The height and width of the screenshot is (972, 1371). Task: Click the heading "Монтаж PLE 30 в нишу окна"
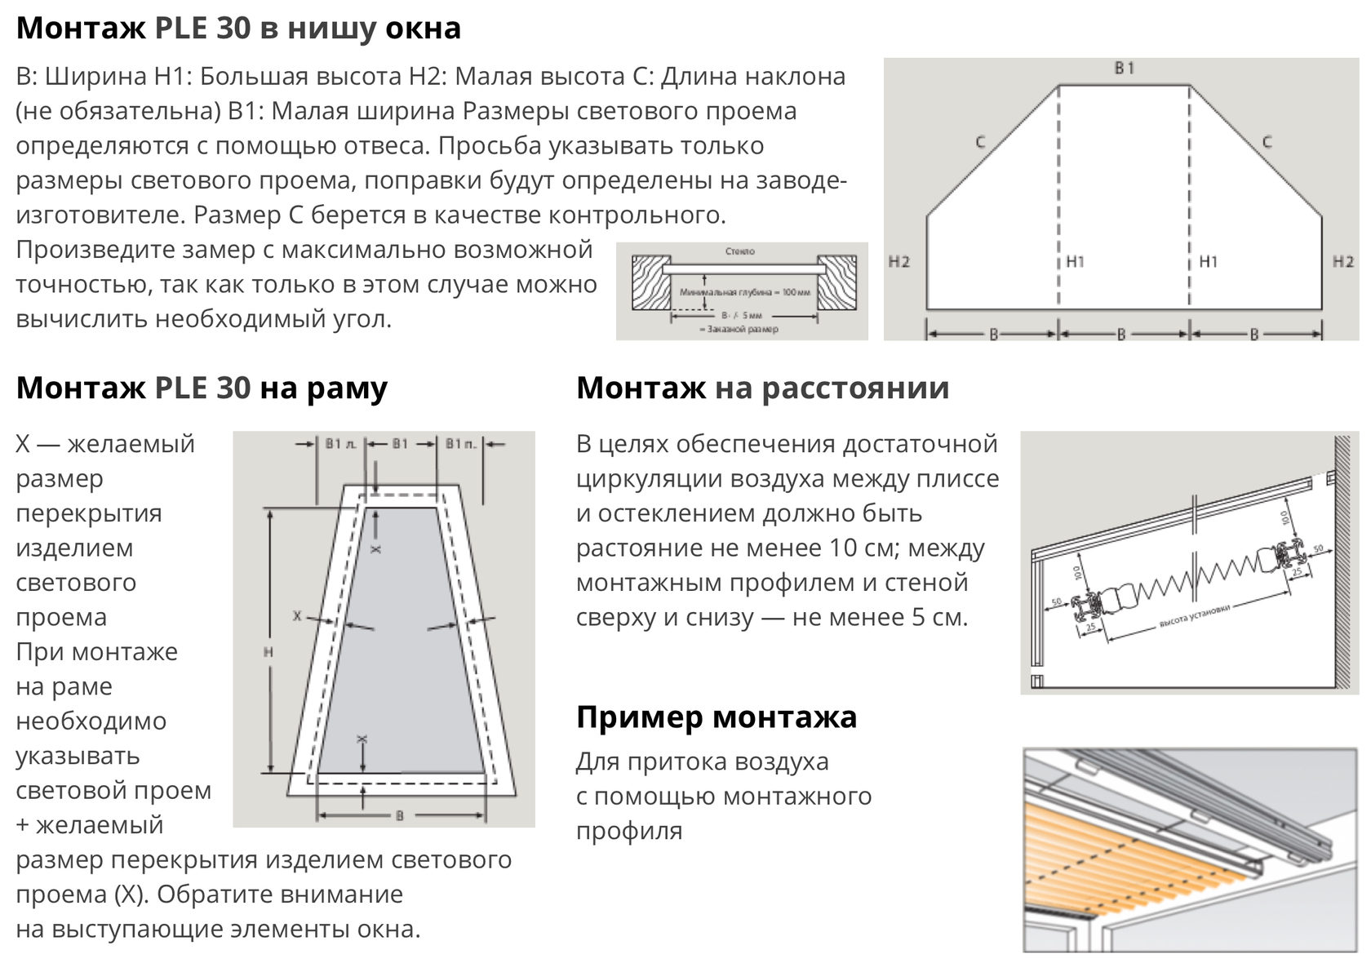(238, 29)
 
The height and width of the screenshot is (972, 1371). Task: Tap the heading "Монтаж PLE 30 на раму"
(202, 388)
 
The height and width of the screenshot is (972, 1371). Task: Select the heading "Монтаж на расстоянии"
(762, 388)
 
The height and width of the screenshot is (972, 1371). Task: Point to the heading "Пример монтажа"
(716, 717)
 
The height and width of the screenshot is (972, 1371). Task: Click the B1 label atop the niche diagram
(1125, 69)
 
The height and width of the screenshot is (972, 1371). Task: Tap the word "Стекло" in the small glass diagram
(740, 252)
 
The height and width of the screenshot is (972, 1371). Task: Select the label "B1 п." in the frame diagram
(461, 444)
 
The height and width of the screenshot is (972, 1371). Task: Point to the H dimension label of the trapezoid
(268, 652)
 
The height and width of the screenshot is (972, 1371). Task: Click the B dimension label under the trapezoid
(399, 815)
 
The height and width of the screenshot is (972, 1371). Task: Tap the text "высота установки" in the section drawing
(1193, 616)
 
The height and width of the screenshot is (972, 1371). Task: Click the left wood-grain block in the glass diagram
(650, 282)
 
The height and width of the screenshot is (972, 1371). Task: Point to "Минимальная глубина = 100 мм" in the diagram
(744, 292)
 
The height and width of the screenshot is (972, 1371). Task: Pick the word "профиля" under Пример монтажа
(628, 832)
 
